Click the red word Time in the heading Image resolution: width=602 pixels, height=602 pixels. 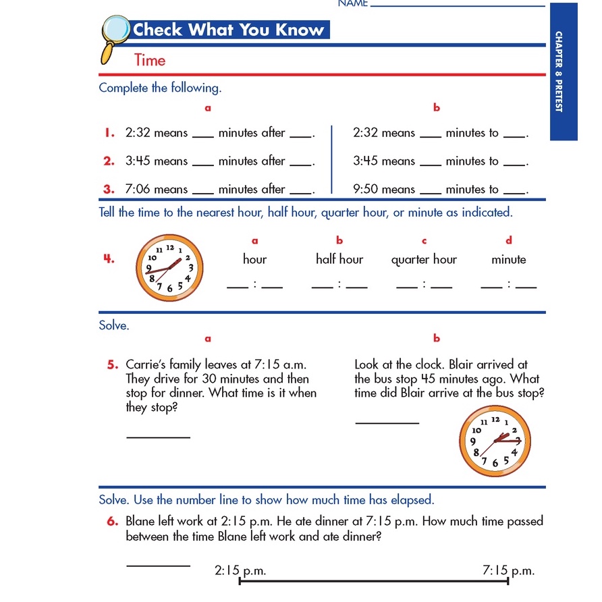(150, 60)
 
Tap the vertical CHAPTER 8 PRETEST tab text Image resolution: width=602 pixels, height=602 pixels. (559, 71)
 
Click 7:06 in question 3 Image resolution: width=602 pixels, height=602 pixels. (138, 190)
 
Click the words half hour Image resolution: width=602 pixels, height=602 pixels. (339, 259)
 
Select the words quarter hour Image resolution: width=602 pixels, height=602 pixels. (424, 259)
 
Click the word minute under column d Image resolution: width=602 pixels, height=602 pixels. (509, 259)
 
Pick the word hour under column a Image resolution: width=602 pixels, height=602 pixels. (254, 259)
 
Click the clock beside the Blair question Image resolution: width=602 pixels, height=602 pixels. (495, 443)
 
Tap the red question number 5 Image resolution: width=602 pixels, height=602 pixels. (113, 365)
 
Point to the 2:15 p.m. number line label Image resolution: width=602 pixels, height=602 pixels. (240, 571)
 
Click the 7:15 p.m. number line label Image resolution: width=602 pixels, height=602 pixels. (508, 571)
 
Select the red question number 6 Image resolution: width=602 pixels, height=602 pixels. (113, 522)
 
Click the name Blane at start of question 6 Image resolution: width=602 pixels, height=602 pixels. (141, 522)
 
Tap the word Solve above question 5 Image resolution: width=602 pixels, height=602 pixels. (114, 325)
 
